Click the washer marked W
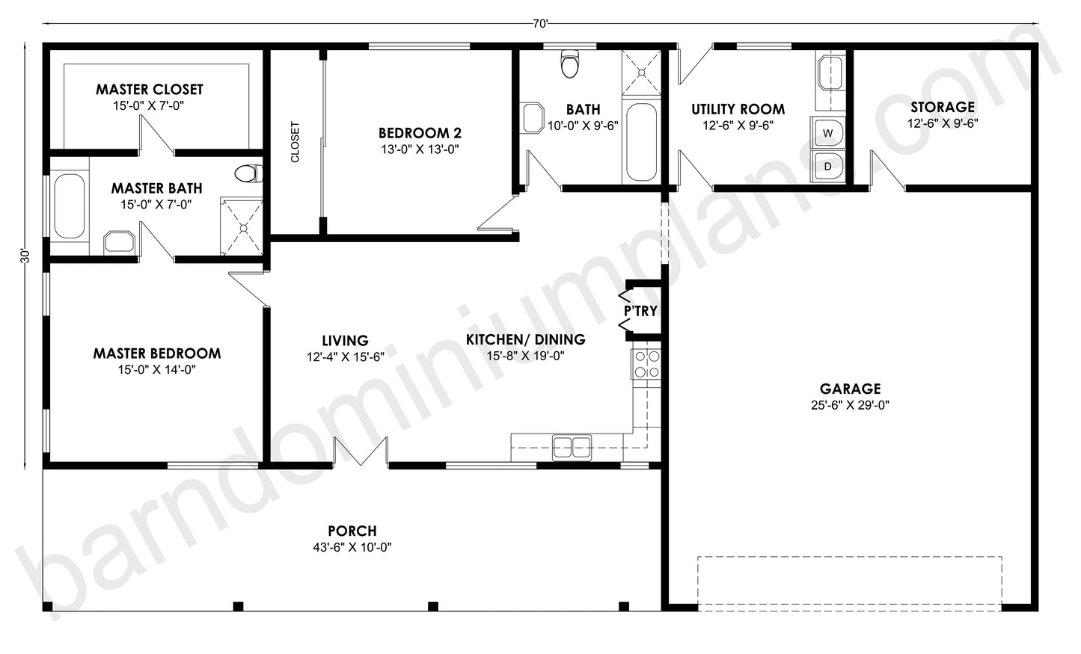click(x=827, y=133)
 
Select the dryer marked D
click(x=827, y=166)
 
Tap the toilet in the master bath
click(x=248, y=174)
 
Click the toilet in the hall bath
click(x=570, y=65)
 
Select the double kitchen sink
click(x=572, y=447)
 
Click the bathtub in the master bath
click(x=69, y=206)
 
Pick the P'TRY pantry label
click(x=640, y=311)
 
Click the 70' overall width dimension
click(x=540, y=24)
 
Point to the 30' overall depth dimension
click(x=25, y=256)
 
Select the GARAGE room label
click(x=850, y=389)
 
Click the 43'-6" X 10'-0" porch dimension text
click(x=352, y=547)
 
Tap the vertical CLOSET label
click(x=295, y=142)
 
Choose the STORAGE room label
click(x=942, y=107)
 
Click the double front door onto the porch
click(x=361, y=453)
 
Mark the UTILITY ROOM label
click(x=738, y=109)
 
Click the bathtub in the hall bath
click(x=640, y=142)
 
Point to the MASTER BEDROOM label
click(x=156, y=353)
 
